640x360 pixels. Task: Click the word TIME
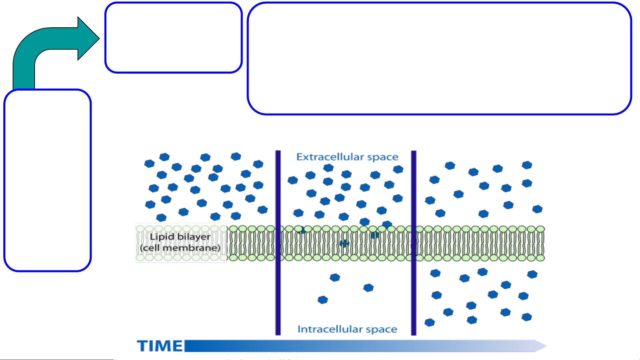[x=160, y=346]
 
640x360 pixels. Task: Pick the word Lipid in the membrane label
[x=162, y=237]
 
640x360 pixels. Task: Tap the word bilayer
[x=194, y=237]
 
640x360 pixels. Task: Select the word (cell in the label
[x=150, y=248]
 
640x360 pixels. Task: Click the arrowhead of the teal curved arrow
[x=88, y=38]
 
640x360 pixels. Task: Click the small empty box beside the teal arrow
[x=173, y=37]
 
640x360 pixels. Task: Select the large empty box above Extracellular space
[x=439, y=58]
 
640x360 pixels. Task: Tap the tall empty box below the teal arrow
[x=47, y=180]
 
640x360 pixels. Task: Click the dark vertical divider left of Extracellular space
[x=278, y=242]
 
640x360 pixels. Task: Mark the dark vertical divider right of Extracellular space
[x=413, y=242]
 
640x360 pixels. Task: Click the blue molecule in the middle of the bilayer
[x=344, y=243]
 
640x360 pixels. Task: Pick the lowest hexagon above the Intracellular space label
[x=322, y=300]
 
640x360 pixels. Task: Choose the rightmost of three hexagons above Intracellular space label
[x=368, y=288]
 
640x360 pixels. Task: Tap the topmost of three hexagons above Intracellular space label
[x=335, y=277]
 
